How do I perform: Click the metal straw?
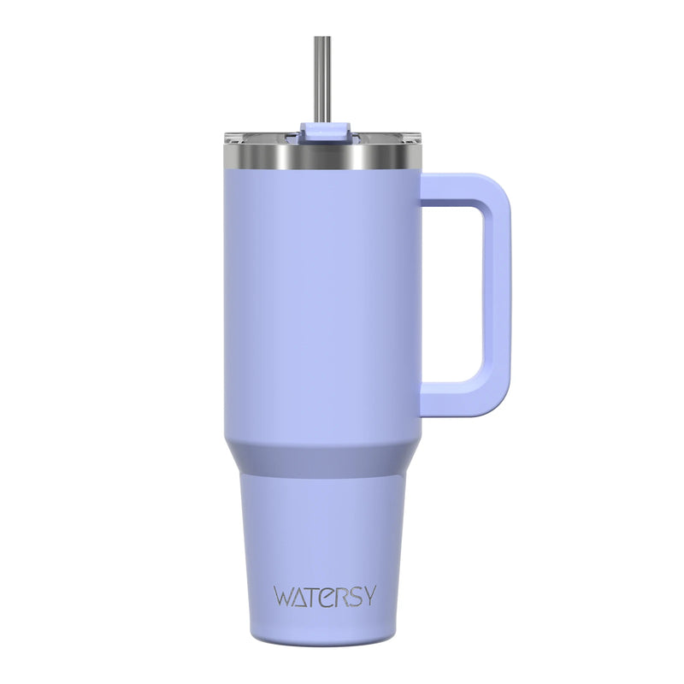coord(322,81)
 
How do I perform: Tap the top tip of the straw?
coord(322,38)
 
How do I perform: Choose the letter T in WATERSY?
coord(315,595)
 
